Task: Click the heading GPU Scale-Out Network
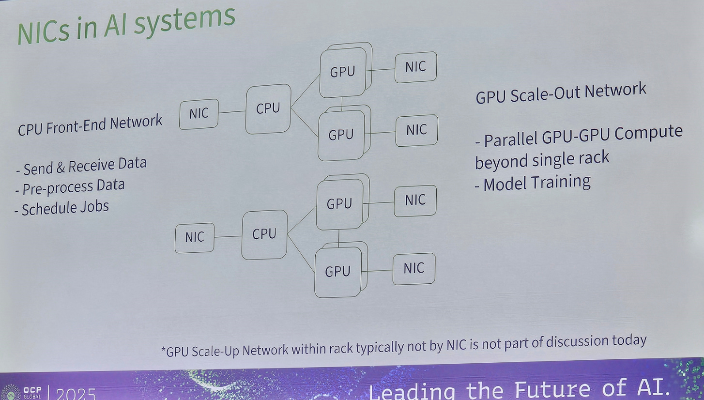(561, 93)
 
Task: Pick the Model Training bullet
(536, 183)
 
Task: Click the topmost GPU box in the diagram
(342, 72)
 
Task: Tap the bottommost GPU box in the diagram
(337, 272)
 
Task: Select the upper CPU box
(268, 108)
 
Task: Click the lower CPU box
(264, 234)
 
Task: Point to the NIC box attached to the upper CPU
(199, 114)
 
